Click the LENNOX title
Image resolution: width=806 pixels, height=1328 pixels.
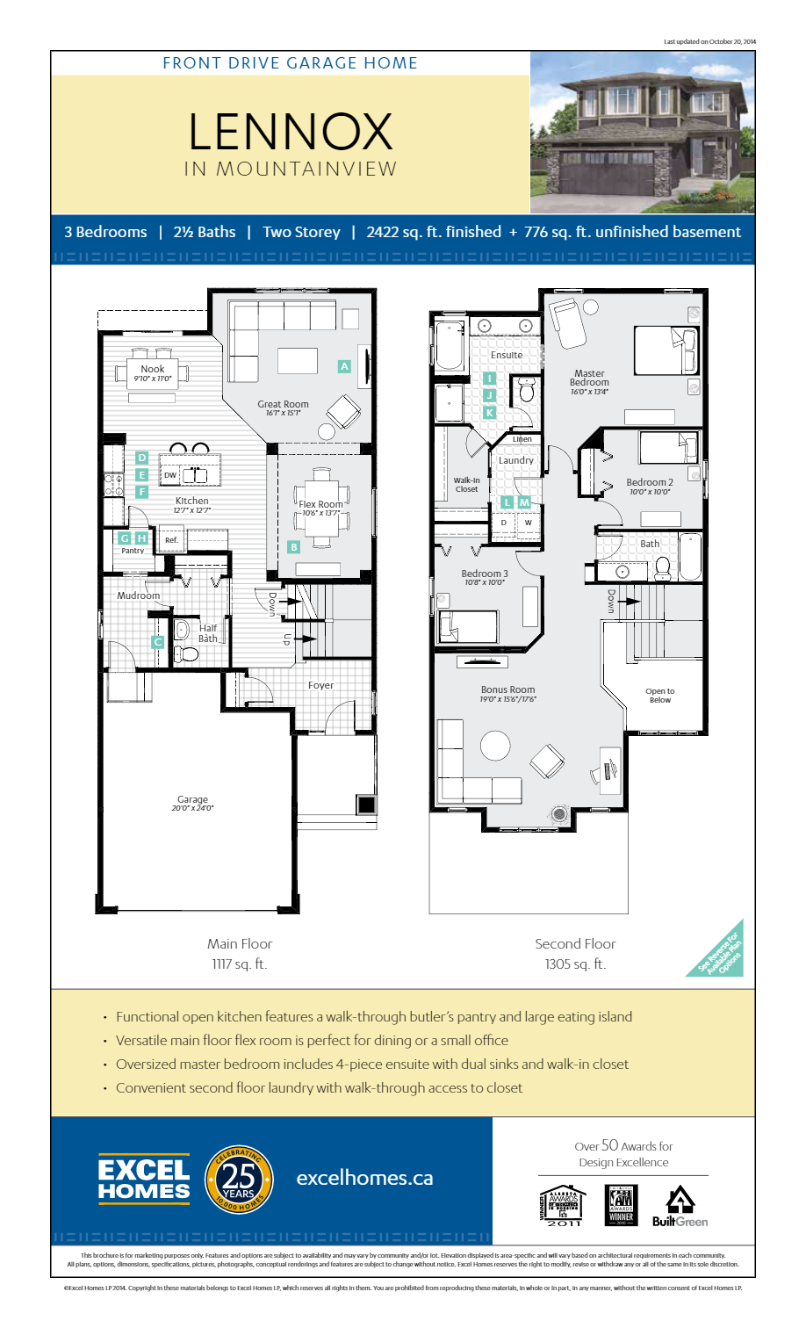pyautogui.click(x=290, y=132)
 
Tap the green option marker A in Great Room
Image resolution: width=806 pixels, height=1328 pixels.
pyautogui.click(x=344, y=366)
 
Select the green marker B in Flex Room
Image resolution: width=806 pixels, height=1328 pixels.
pyautogui.click(x=294, y=547)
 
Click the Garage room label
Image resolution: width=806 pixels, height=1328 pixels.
pyautogui.click(x=192, y=800)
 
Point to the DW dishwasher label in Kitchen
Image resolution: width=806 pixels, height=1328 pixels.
pyautogui.click(x=170, y=475)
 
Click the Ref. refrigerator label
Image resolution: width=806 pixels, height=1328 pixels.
pyautogui.click(x=171, y=540)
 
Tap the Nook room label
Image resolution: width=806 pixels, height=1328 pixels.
pyautogui.click(x=153, y=370)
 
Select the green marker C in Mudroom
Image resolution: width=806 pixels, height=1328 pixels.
pyautogui.click(x=157, y=642)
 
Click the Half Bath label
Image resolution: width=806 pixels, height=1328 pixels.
pyautogui.click(x=208, y=633)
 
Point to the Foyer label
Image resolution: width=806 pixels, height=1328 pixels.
pyautogui.click(x=320, y=685)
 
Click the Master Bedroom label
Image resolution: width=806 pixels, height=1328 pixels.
pyautogui.click(x=589, y=379)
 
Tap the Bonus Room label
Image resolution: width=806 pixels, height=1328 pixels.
pyautogui.click(x=507, y=690)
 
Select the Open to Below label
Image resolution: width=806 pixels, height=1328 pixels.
pyautogui.click(x=660, y=696)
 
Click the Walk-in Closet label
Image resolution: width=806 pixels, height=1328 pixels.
pyautogui.click(x=466, y=485)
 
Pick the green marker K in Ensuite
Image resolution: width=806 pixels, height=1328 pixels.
pyautogui.click(x=490, y=412)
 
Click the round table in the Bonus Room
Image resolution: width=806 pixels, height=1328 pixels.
pyautogui.click(x=495, y=746)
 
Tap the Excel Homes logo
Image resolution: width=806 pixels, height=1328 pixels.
pyautogui.click(x=144, y=1180)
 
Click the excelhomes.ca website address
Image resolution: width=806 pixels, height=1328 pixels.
pyautogui.click(x=364, y=1179)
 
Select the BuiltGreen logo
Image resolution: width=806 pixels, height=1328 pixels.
pyautogui.click(x=680, y=1208)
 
